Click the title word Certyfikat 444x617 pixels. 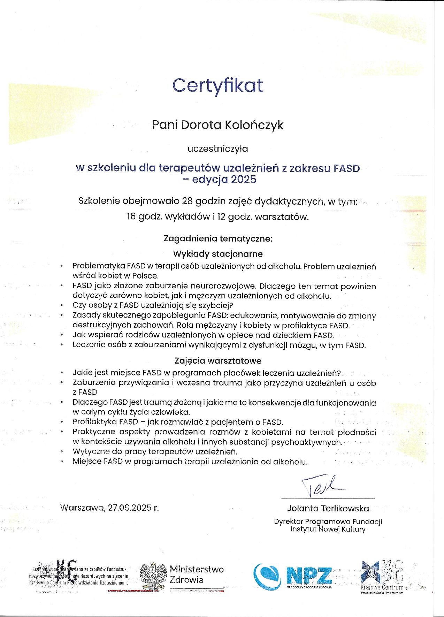pos(218,86)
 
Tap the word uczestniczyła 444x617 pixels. pos(217,149)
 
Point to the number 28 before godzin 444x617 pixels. pos(185,201)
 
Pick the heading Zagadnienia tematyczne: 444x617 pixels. pos(217,239)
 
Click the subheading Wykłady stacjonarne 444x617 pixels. pos(217,253)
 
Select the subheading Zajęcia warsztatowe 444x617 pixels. pos(217,360)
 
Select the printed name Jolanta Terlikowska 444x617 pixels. pos(328,508)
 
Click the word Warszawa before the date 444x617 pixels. pos(82,508)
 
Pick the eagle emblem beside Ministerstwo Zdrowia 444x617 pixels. pos(153,576)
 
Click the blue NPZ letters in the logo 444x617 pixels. pos(308,575)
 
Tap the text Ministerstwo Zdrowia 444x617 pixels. pos(197,575)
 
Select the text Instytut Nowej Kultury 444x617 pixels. pos(328,529)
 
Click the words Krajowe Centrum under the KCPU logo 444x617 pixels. pos(382,587)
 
